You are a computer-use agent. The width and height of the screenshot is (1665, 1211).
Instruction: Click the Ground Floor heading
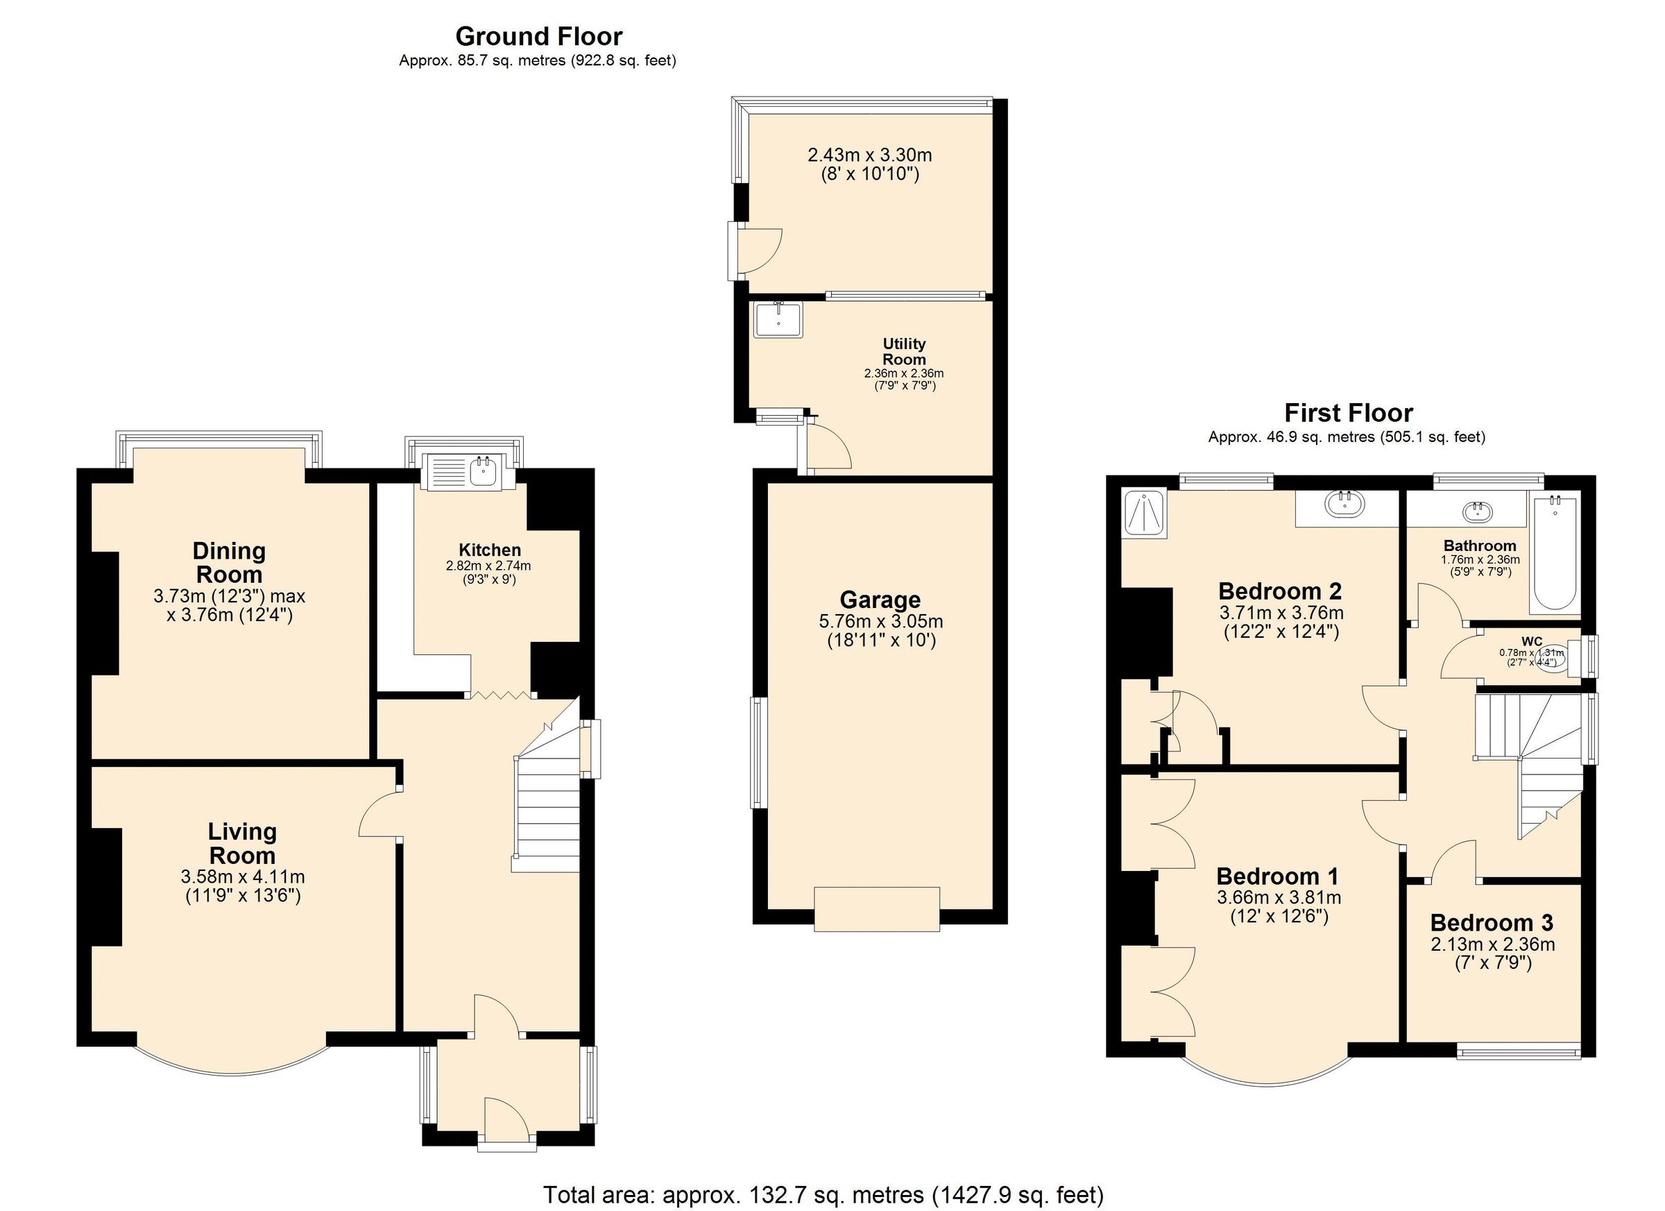tap(538, 36)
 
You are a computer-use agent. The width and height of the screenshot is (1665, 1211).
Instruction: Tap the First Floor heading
tap(1348, 413)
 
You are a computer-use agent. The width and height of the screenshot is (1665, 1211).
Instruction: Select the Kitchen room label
tap(490, 550)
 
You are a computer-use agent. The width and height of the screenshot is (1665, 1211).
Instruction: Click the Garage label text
tap(880, 600)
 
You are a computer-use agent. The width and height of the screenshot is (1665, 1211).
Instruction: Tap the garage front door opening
tap(876, 909)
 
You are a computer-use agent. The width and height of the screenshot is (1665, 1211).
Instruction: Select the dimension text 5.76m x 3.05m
tap(881, 621)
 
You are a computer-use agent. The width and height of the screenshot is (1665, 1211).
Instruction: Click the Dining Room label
tap(229, 563)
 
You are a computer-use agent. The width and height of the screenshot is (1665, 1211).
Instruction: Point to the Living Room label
tap(242, 843)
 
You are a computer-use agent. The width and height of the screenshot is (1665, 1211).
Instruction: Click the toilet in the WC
tap(1551, 659)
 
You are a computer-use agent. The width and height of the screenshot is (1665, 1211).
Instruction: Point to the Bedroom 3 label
tap(1492, 923)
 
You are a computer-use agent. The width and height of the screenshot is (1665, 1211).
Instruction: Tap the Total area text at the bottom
tap(823, 1195)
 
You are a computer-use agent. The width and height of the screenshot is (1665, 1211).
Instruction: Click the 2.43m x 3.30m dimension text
tap(869, 155)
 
